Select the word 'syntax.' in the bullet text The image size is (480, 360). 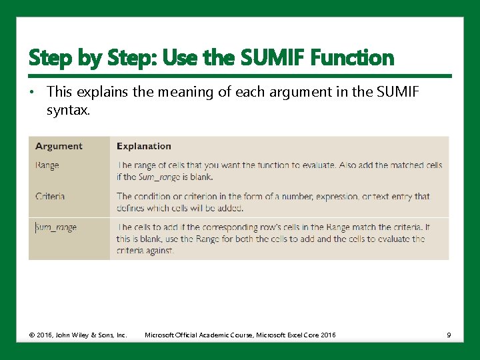tap(68, 109)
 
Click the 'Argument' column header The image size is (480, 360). tap(59, 146)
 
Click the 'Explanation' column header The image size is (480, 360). tap(143, 146)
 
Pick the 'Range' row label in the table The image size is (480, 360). tap(47, 165)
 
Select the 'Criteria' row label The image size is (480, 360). tap(49, 196)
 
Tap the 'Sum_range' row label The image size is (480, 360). tap(56, 227)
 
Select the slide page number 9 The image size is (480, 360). tap(449, 335)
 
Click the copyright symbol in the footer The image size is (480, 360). tap(31, 335)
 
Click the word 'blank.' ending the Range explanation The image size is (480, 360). tap(201, 177)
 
